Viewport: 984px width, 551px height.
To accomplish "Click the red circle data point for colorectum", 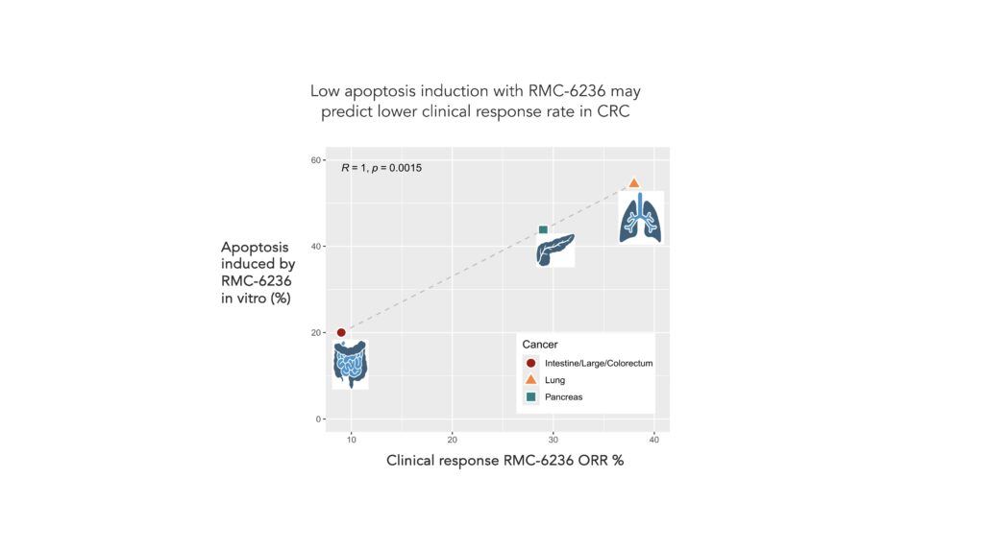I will click(x=341, y=332).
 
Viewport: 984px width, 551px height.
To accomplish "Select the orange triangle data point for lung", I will click(x=634, y=182).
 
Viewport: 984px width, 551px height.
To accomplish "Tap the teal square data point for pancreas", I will click(x=543, y=229).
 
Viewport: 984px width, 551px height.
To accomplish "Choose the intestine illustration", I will click(x=350, y=364).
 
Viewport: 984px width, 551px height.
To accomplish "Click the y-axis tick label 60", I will click(x=315, y=159).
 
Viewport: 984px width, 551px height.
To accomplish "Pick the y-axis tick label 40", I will click(x=315, y=246).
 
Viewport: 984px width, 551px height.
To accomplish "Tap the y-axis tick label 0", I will click(x=318, y=419).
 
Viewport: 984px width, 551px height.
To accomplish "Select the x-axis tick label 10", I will click(x=351, y=440).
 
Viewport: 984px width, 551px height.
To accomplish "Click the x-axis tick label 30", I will click(x=553, y=440).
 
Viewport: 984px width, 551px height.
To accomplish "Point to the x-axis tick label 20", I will click(x=452, y=440).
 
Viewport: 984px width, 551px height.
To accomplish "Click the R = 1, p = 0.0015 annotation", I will click(x=381, y=168).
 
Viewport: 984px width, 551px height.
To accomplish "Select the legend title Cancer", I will click(x=540, y=344).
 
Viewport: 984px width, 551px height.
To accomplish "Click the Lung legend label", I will click(x=554, y=380).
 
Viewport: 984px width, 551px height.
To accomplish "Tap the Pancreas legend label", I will click(x=563, y=397).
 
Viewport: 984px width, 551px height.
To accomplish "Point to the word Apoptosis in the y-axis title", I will click(x=256, y=247).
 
